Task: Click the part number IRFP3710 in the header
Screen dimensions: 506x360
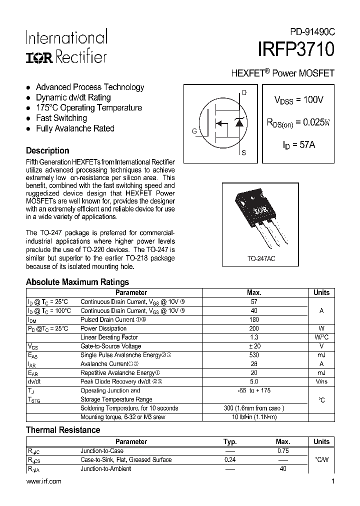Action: click(296, 51)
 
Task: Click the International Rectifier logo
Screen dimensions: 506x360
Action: click(66, 47)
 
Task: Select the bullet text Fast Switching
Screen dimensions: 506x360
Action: click(61, 118)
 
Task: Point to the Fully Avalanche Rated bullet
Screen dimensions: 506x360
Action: click(75, 128)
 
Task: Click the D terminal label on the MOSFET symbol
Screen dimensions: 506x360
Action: click(244, 92)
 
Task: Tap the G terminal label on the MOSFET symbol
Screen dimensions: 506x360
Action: click(193, 131)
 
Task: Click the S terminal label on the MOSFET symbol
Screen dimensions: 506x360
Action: click(244, 153)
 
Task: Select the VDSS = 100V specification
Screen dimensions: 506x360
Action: click(298, 100)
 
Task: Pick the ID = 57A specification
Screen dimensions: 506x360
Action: click(298, 145)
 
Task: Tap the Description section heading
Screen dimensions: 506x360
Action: click(47, 150)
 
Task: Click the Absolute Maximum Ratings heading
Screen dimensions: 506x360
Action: click(77, 282)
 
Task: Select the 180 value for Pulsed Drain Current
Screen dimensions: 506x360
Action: click(254, 319)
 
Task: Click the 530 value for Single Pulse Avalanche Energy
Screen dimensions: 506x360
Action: click(254, 355)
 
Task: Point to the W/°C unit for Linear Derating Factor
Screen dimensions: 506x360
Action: click(321, 337)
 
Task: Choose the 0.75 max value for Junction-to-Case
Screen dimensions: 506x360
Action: click(282, 451)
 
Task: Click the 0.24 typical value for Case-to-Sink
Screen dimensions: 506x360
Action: click(230, 460)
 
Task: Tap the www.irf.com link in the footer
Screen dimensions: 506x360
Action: click(43, 481)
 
